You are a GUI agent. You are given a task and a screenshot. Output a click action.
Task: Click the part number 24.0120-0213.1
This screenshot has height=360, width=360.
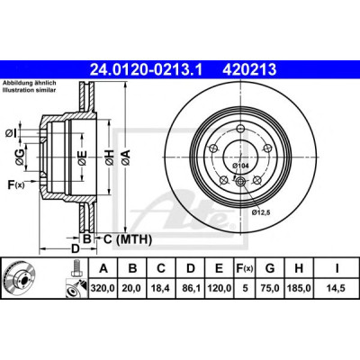tap(147, 70)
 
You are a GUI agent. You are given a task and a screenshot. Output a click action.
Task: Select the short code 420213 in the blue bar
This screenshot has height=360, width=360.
tap(249, 70)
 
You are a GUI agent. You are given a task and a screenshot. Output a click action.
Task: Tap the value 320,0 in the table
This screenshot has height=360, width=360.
tap(103, 289)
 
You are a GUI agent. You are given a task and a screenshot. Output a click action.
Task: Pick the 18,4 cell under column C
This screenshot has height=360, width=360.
tap(161, 289)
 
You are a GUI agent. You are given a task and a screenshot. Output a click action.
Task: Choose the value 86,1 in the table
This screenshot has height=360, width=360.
tap(191, 289)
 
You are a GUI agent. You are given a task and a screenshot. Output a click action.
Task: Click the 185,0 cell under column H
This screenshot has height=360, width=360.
tap(299, 289)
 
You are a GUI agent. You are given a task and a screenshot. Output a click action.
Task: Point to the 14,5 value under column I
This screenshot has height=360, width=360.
tap(336, 289)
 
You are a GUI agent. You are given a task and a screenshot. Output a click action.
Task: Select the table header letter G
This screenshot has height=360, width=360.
tap(270, 268)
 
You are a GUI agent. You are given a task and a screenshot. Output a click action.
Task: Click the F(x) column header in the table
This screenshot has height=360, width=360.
tap(245, 268)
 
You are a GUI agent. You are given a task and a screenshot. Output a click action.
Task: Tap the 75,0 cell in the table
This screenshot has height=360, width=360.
tap(270, 289)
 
